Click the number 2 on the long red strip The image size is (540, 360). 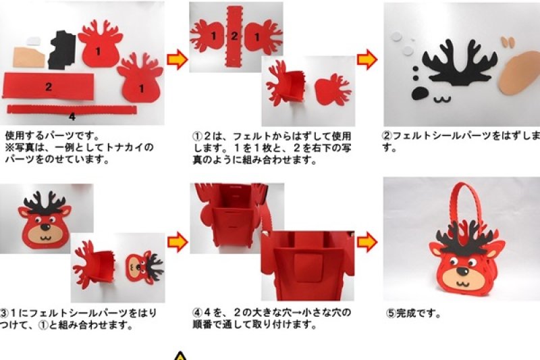(x=49, y=86)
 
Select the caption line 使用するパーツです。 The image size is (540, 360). (x=52, y=135)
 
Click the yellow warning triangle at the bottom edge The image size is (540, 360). (x=180, y=355)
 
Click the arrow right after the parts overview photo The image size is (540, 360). (x=177, y=61)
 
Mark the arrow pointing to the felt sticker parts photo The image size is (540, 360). (x=367, y=61)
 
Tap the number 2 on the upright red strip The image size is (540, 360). (x=234, y=36)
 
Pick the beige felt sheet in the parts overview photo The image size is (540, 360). (x=28, y=56)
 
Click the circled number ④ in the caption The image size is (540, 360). (x=197, y=313)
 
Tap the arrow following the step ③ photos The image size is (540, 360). (x=177, y=241)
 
